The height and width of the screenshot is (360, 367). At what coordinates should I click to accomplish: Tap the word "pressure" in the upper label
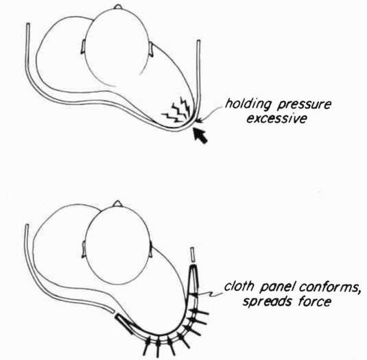tap(305, 105)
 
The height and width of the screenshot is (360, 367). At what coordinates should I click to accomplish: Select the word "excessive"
tap(276, 119)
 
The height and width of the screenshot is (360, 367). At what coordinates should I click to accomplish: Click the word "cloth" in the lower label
tap(239, 286)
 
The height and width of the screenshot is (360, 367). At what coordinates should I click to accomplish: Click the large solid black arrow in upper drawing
tap(200, 136)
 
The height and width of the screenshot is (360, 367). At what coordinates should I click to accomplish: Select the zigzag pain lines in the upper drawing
tap(177, 110)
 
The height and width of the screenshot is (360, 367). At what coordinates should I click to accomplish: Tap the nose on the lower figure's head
tap(118, 204)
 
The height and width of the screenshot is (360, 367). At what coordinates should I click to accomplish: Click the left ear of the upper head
tap(83, 47)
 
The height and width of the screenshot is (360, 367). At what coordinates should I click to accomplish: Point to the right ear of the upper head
tap(151, 49)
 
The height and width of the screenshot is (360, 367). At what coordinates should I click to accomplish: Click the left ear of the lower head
tap(84, 250)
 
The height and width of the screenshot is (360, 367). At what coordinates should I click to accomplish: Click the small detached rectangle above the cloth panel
tap(193, 254)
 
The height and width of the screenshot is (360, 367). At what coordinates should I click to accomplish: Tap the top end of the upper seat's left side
tap(28, 23)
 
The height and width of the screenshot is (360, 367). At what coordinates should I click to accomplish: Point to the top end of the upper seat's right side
tap(198, 40)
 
